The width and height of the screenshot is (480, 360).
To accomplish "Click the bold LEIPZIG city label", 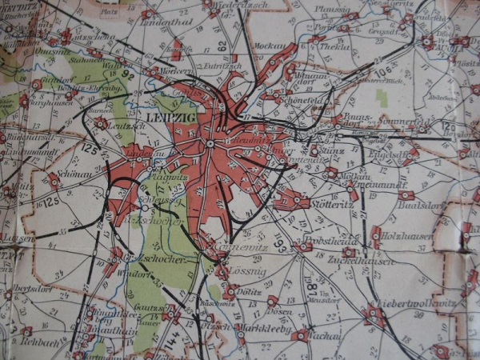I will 165,117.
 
